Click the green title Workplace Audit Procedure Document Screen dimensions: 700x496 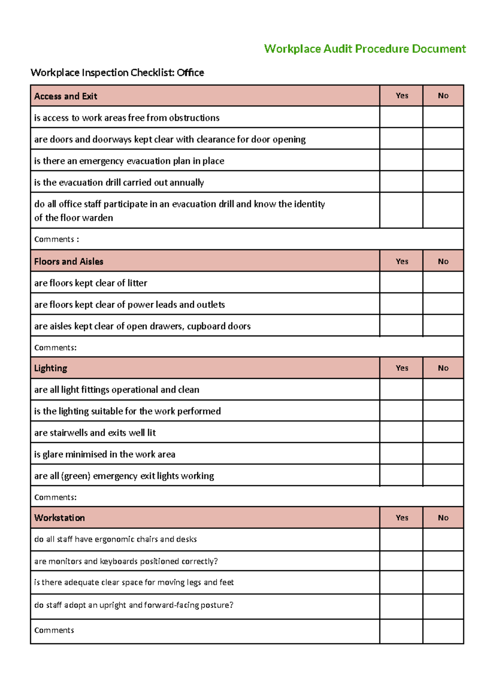(x=365, y=49)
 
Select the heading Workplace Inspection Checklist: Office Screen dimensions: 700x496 (x=117, y=73)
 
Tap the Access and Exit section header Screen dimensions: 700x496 (x=65, y=96)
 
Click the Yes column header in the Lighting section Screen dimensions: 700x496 (x=401, y=368)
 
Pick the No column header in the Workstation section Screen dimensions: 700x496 (x=443, y=518)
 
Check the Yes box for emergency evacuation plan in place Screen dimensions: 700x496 (x=401, y=160)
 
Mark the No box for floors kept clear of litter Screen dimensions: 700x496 (x=443, y=283)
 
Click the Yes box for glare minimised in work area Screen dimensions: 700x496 (x=401, y=454)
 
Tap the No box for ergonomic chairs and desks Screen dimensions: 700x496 (x=443, y=539)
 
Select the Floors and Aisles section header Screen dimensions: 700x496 (x=69, y=262)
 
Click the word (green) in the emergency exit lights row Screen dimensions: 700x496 (x=76, y=476)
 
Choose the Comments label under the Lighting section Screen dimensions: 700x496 (x=55, y=497)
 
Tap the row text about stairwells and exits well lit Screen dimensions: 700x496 (x=95, y=433)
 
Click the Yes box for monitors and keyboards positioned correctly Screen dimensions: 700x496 (x=401, y=561)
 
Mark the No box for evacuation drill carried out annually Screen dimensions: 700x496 (x=443, y=182)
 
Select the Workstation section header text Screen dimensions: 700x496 (x=60, y=518)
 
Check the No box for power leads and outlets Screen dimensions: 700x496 (x=443, y=304)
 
